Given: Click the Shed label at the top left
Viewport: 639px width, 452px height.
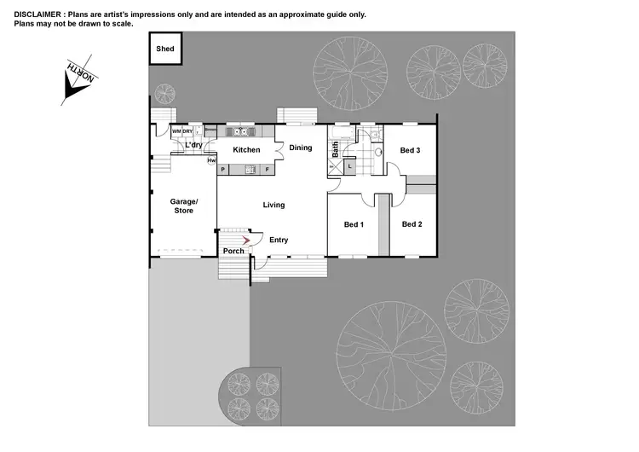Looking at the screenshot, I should pos(165,49).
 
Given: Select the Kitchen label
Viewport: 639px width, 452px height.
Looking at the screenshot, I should pos(247,150).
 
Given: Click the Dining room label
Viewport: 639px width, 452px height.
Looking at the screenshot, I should pos(301,148).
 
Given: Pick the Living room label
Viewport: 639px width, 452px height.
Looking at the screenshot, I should pos(273,205).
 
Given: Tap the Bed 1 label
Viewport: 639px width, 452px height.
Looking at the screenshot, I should pos(354,224).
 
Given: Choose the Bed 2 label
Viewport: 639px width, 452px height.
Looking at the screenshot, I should pos(412,224).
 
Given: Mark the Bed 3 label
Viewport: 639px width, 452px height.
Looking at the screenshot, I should pos(410,150).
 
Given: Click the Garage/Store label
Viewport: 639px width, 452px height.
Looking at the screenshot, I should pos(184,206).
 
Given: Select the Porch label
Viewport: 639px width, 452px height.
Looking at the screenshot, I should pos(233,251).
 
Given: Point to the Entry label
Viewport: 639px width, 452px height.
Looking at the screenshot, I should pos(279,240).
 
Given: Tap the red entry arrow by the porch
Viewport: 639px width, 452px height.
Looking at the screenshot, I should pos(247,240).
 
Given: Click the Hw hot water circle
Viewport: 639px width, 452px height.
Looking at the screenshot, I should pos(211,160).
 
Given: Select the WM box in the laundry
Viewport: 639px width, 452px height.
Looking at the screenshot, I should pos(176,132).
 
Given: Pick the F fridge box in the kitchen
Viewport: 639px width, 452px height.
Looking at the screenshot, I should pos(267,170).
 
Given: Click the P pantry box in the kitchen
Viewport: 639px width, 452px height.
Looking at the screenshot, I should pos(223,170).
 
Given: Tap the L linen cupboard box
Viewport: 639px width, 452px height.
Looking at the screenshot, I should pos(349,166).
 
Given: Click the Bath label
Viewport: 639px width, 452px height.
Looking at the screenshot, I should pos(335,150).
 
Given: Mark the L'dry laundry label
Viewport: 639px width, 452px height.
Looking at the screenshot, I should pos(193,145).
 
